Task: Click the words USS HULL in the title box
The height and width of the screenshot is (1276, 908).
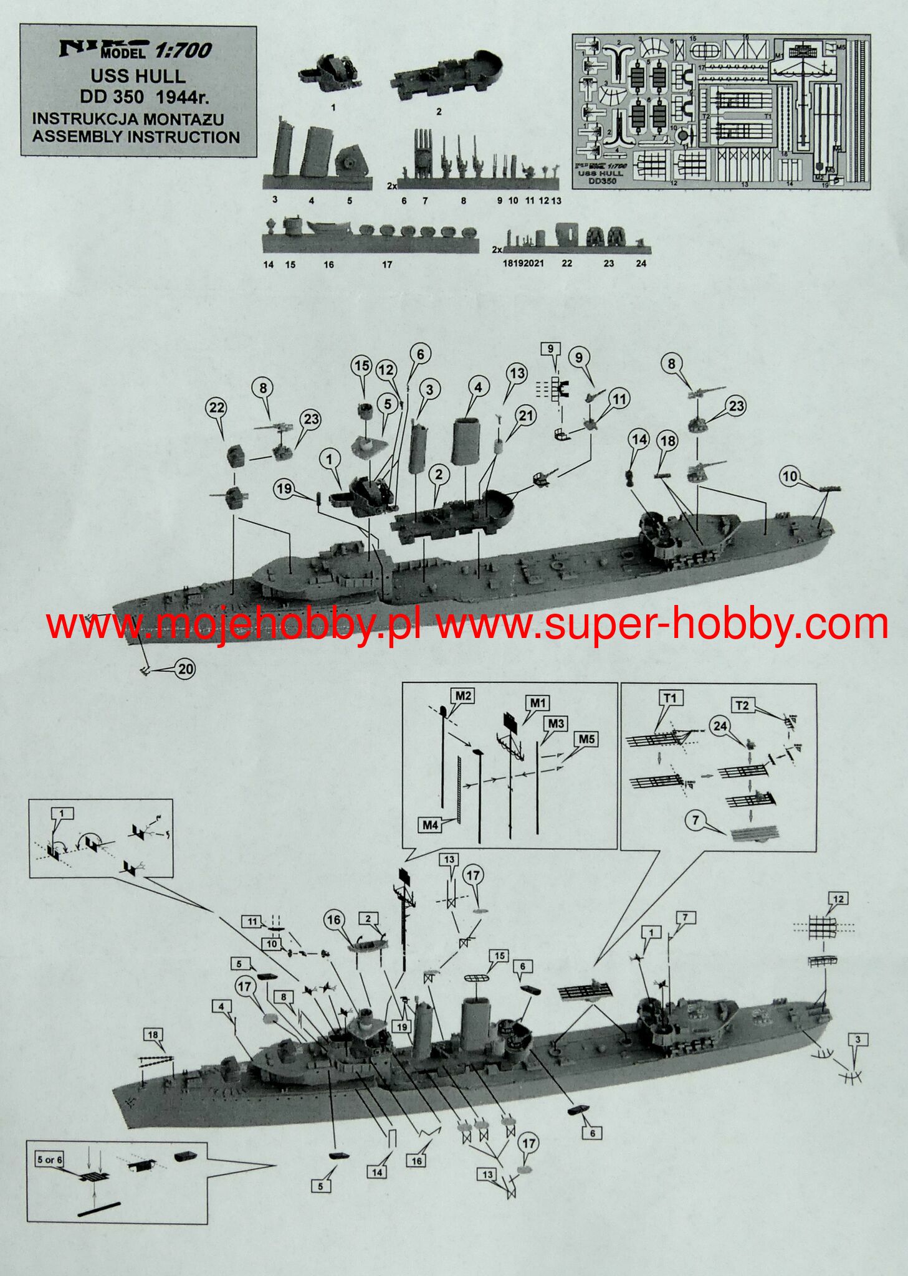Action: click(x=138, y=77)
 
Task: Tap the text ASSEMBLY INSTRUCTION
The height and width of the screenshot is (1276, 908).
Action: click(x=136, y=137)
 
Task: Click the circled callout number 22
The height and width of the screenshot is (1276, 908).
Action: click(x=216, y=408)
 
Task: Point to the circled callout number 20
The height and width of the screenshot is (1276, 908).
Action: click(x=186, y=669)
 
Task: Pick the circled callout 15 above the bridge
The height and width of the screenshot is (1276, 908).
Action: click(x=362, y=366)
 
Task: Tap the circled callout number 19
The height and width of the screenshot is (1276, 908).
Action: click(x=284, y=488)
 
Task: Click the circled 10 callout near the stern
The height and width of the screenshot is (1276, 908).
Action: click(x=790, y=477)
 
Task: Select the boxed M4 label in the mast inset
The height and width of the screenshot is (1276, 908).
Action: click(x=430, y=825)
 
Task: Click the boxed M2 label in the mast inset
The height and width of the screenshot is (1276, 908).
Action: click(x=462, y=695)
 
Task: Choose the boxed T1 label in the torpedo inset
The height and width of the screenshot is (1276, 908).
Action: click(x=670, y=698)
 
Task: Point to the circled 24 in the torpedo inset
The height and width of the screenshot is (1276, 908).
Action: click(x=720, y=726)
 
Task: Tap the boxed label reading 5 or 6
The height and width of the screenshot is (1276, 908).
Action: click(x=49, y=1159)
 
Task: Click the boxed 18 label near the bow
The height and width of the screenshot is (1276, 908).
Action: click(x=153, y=1035)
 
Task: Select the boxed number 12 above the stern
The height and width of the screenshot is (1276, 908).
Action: click(x=838, y=898)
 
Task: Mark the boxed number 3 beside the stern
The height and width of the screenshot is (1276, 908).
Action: click(x=858, y=1039)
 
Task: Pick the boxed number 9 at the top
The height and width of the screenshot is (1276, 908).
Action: click(x=550, y=348)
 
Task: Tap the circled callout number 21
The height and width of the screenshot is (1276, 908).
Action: click(x=527, y=416)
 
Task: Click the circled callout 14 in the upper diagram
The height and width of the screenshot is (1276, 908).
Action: click(x=639, y=439)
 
